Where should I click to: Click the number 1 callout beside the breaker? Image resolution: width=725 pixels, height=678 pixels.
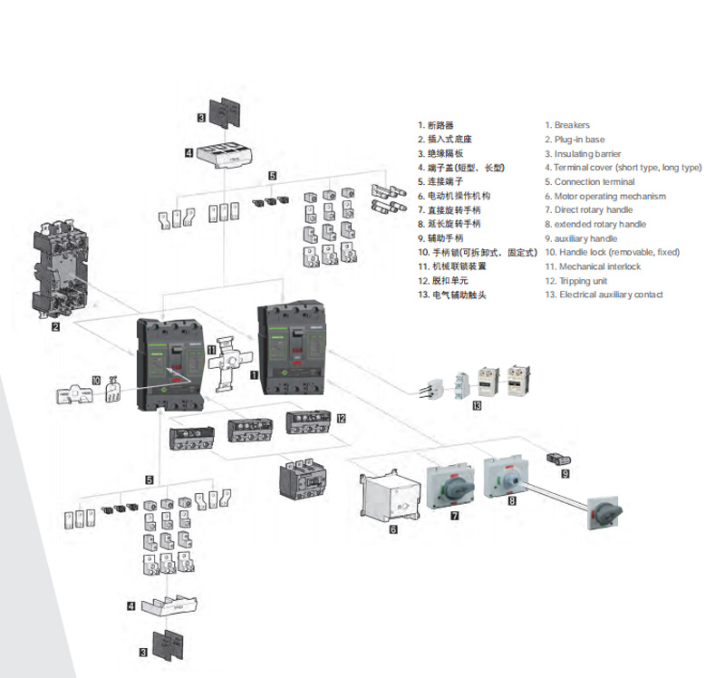(255, 373)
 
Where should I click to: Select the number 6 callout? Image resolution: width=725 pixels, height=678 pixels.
(393, 528)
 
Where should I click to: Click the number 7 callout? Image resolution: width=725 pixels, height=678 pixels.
(454, 516)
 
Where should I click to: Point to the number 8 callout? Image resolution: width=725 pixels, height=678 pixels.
(512, 499)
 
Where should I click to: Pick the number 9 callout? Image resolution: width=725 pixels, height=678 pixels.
(565, 472)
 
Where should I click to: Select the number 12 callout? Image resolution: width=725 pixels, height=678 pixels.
(341, 419)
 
